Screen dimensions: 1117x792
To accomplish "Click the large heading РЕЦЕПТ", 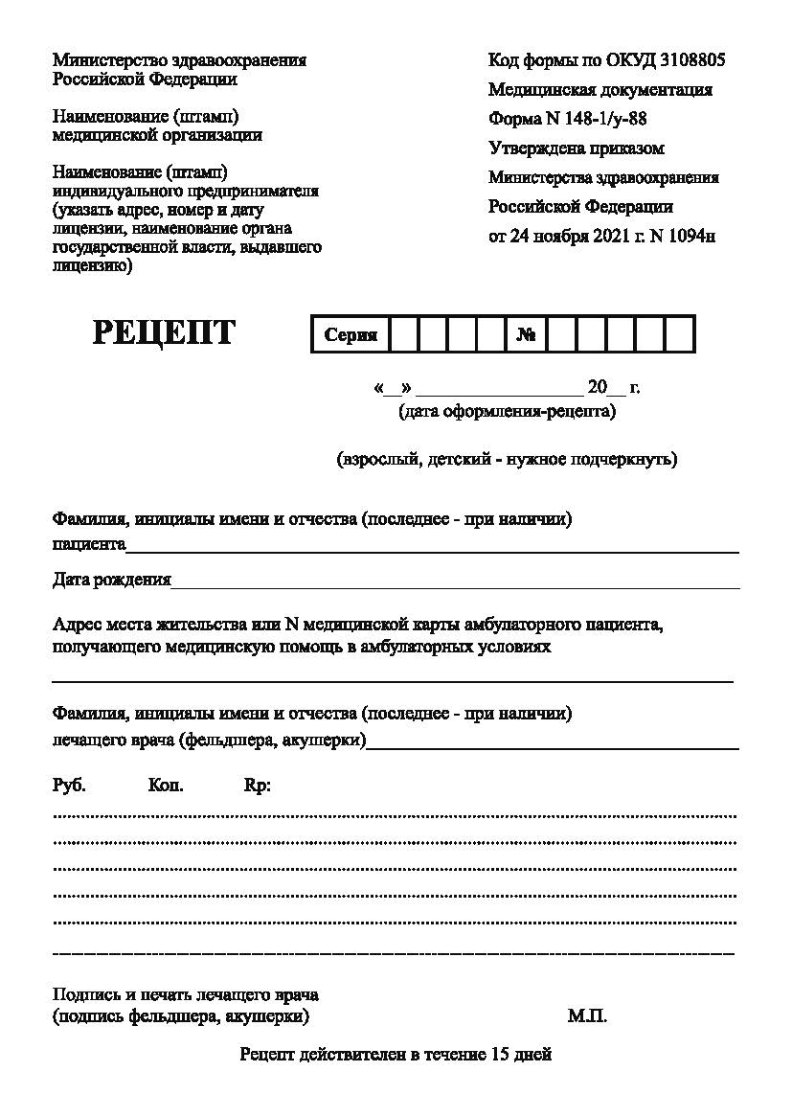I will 164,332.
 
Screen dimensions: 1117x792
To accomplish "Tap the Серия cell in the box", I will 351,335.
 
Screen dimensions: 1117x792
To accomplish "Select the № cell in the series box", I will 526,335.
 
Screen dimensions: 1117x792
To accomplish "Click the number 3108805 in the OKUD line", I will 692,60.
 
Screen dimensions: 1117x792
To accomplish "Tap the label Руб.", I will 69,786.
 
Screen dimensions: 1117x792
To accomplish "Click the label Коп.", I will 166,786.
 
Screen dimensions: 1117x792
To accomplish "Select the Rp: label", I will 258,786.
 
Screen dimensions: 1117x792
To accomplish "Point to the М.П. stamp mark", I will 587,1016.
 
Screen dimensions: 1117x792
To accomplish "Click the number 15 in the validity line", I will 499,1056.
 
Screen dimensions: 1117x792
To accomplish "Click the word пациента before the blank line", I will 89,544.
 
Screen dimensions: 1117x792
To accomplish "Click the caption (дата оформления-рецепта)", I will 507,412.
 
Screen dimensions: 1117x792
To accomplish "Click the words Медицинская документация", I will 600,90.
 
